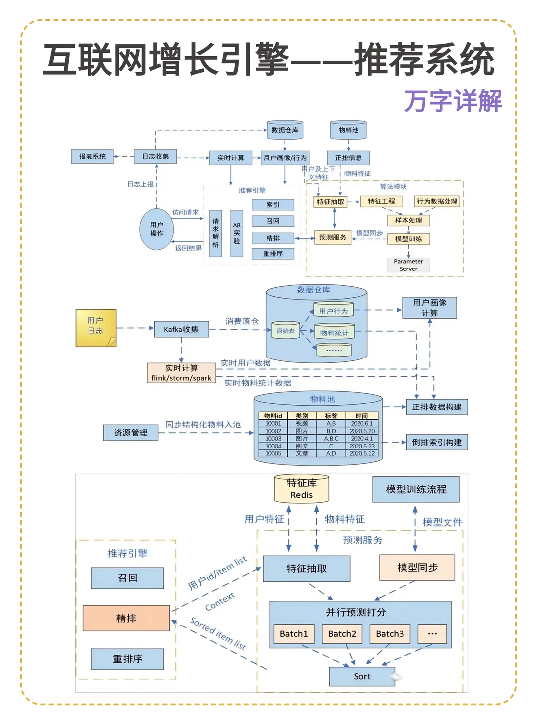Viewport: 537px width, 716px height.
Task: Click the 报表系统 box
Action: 92,156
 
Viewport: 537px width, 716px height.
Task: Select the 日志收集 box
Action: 155,156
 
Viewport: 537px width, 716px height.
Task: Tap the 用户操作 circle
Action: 157,229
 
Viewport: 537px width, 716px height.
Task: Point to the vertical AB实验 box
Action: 237,233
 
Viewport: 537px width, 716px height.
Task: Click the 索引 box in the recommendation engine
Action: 273,205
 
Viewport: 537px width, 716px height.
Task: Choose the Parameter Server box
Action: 408,265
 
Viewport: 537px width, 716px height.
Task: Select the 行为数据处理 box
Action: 437,201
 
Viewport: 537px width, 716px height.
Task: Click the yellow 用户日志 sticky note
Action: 95,327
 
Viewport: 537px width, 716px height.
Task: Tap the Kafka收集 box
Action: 181,329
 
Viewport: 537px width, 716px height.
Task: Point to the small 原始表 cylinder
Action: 286,331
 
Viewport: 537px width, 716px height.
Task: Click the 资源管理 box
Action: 131,433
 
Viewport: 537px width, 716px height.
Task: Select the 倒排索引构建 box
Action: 437,442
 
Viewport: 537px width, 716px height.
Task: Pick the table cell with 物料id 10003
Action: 273,439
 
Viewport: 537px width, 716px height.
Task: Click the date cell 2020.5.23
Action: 362,446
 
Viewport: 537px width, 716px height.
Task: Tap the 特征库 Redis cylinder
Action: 302,489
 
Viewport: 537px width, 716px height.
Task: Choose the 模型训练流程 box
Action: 416,489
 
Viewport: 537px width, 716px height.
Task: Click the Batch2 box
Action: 342,634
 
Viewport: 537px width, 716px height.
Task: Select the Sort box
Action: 362,676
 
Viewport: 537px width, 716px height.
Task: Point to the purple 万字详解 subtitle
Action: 452,101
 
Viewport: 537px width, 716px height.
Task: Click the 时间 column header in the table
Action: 362,416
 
